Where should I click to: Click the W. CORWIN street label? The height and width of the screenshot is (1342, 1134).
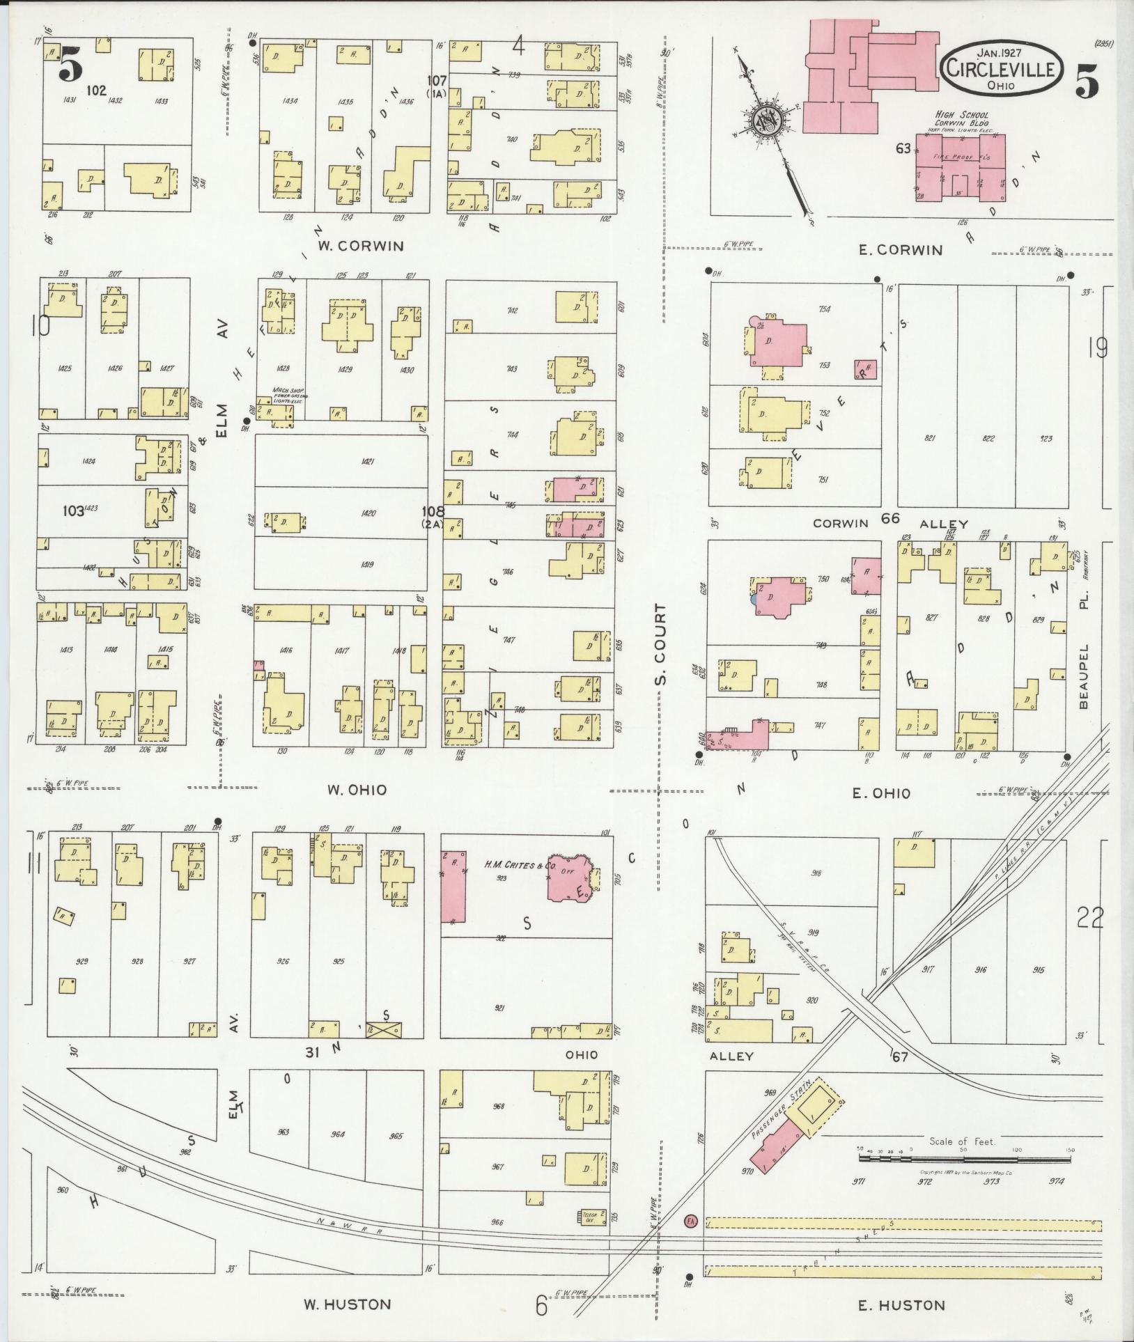[361, 246]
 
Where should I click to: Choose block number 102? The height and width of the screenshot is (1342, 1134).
[97, 90]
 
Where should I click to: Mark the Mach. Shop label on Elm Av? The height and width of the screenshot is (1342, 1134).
[290, 393]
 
